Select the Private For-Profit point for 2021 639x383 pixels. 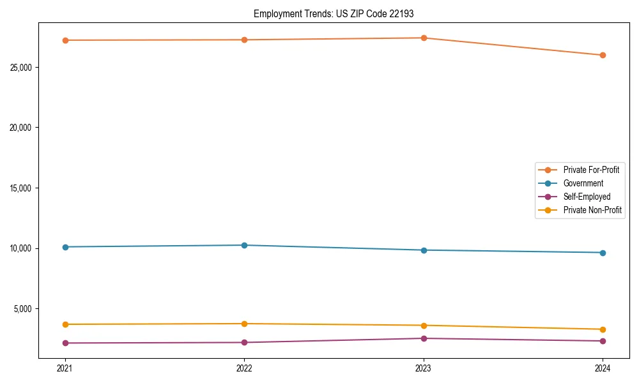click(65, 40)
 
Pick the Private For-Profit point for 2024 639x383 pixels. click(603, 55)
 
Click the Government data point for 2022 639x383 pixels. click(244, 245)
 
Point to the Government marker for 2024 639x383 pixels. click(603, 253)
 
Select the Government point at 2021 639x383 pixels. click(65, 247)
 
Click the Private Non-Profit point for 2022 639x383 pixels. click(244, 324)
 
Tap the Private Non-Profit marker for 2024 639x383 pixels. click(603, 329)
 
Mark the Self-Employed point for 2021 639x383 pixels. click(65, 343)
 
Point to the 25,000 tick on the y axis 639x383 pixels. click(24, 67)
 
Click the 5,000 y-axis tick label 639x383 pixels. click(26, 309)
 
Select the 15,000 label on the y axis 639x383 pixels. click(24, 188)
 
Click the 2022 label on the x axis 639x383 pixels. click(244, 368)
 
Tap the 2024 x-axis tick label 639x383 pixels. click(603, 368)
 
